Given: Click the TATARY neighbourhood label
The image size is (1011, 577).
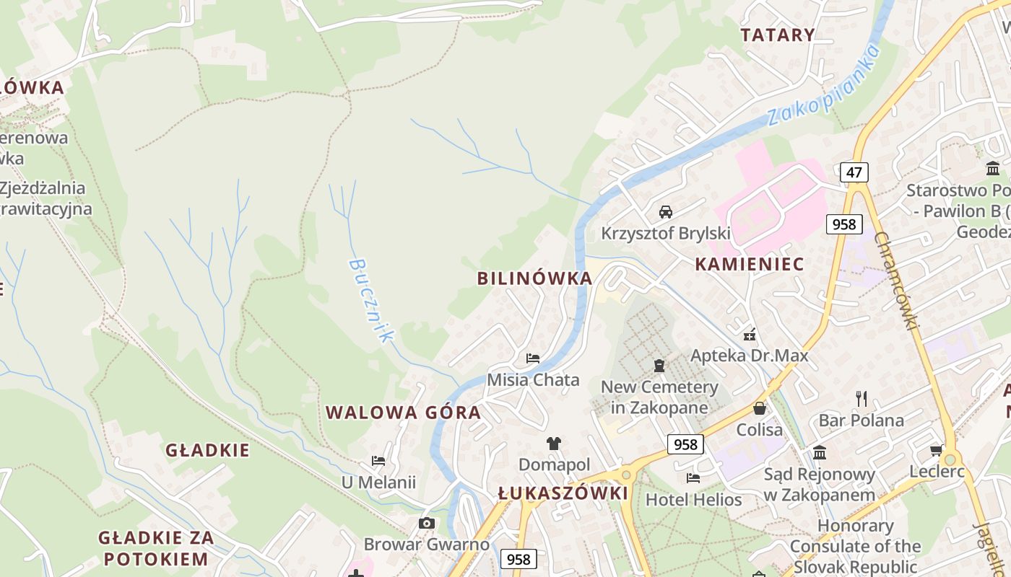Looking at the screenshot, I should tap(778, 35).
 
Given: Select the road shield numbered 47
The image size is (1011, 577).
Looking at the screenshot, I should tap(854, 172).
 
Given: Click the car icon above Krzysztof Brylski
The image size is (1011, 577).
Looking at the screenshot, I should tap(666, 212).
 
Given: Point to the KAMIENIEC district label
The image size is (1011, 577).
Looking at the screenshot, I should tap(749, 264).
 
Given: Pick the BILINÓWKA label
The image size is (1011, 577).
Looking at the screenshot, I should tap(534, 278).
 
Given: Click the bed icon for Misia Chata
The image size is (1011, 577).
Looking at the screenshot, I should tap(533, 358).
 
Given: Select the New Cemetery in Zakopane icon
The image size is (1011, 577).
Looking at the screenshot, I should tap(659, 366).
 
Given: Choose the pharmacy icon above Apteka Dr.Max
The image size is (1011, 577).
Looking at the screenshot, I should tap(750, 335).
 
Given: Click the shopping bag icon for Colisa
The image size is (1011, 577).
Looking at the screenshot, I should tap(760, 408).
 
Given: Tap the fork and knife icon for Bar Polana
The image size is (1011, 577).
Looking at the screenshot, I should tap(861, 398).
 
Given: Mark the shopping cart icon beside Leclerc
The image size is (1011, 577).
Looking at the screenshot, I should tap(937, 450).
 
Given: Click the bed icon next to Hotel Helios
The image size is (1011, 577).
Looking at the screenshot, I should tap(693, 477).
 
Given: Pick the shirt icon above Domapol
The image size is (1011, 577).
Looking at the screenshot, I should tap(554, 443).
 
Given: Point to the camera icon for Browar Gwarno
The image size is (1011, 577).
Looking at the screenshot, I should tap(427, 523).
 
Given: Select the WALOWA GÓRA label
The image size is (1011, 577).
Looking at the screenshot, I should tap(403, 413).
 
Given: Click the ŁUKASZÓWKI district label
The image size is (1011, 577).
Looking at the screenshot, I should tap(563, 493).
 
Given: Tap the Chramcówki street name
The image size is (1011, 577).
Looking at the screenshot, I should tap(896, 281).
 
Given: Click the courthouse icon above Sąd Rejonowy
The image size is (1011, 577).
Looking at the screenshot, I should tap(820, 452).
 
